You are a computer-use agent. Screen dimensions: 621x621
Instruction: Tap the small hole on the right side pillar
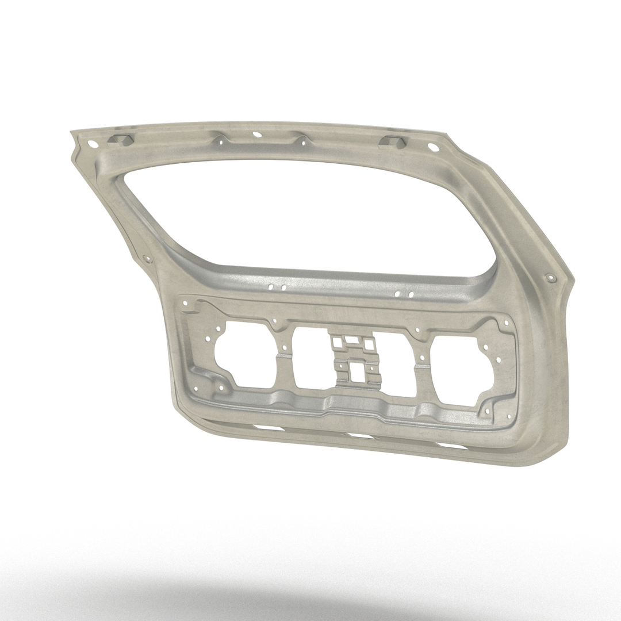coord(553,278)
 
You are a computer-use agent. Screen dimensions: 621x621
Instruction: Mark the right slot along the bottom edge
coord(451,445)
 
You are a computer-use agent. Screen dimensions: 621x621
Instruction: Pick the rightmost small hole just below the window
coord(412,294)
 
